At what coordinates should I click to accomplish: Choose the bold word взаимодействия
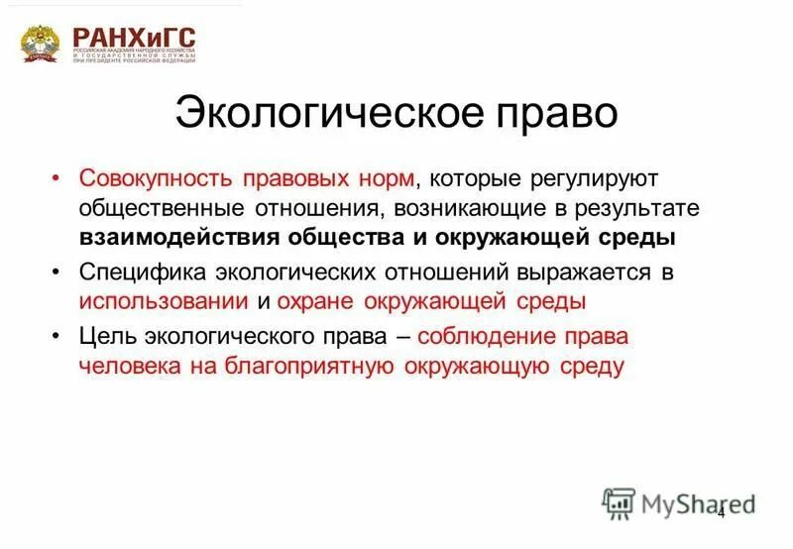[178, 239]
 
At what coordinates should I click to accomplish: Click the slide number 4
[721, 512]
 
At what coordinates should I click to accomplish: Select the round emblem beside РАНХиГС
[41, 43]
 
